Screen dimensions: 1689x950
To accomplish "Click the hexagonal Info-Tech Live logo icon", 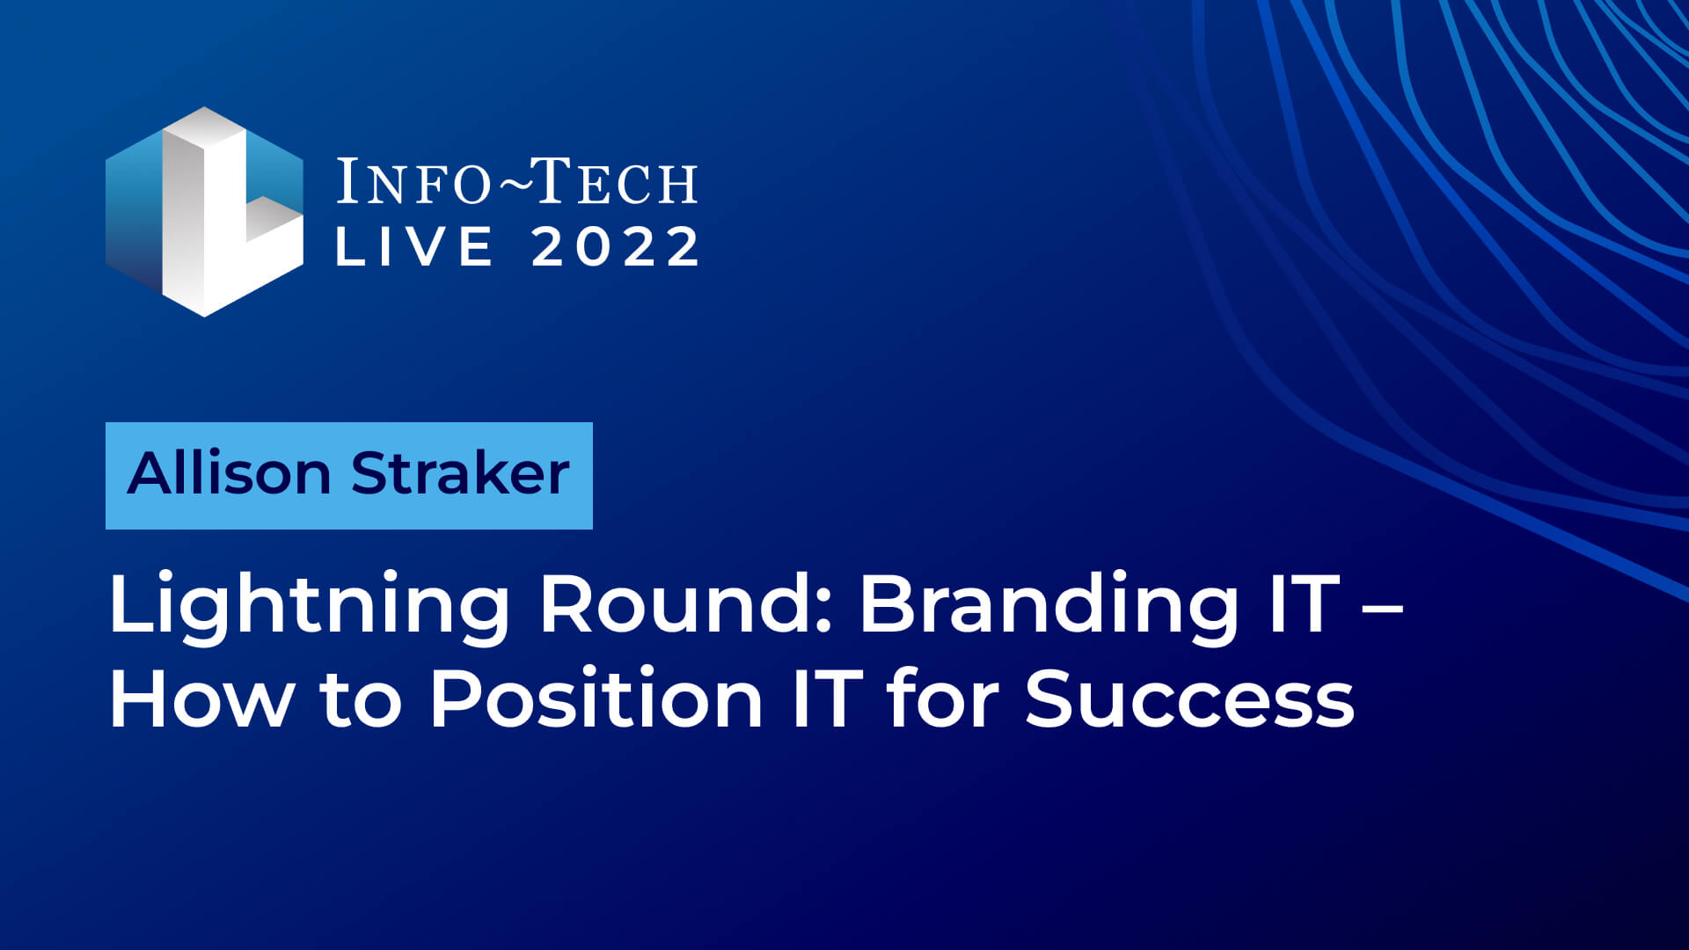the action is (x=204, y=212).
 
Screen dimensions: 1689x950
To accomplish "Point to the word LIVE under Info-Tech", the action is (x=414, y=246).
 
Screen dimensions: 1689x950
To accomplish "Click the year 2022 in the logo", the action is (x=615, y=246).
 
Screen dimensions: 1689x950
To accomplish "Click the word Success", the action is (x=1189, y=698).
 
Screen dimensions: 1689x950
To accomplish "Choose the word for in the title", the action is (x=942, y=697).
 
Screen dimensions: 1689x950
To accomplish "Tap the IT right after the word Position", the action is (x=825, y=698).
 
